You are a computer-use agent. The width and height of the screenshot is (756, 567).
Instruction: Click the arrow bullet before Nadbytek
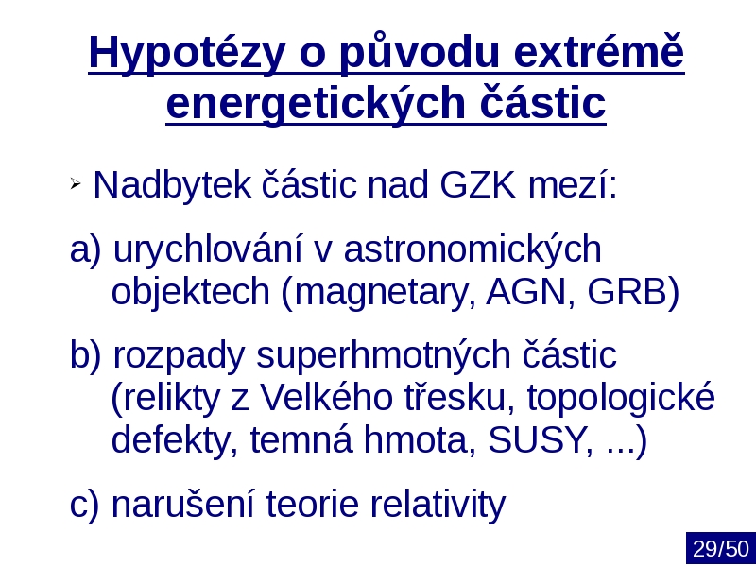pos(75,183)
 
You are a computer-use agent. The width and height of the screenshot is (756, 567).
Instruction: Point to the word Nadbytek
pos(172,184)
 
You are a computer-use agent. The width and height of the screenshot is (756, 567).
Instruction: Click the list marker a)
pos(86,249)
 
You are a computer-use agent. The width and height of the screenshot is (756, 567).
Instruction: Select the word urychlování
pos(208,249)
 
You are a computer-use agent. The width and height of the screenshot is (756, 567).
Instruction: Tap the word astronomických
pos(472,249)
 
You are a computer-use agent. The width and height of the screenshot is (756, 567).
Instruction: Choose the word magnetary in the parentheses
pos(380,293)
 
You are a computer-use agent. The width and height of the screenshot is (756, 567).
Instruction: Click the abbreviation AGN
pos(526,292)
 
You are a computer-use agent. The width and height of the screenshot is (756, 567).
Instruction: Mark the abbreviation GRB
pos(627,292)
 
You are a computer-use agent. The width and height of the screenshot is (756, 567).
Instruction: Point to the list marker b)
pos(86,354)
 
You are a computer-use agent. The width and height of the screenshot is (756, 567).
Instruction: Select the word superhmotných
pos(383,356)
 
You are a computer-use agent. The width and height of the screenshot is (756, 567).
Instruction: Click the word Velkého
pos(326,397)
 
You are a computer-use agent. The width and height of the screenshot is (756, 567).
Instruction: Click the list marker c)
pos(84,504)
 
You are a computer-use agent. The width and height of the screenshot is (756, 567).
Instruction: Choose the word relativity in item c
pos(438,505)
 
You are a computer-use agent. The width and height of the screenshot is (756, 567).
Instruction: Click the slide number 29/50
pos(721,549)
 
